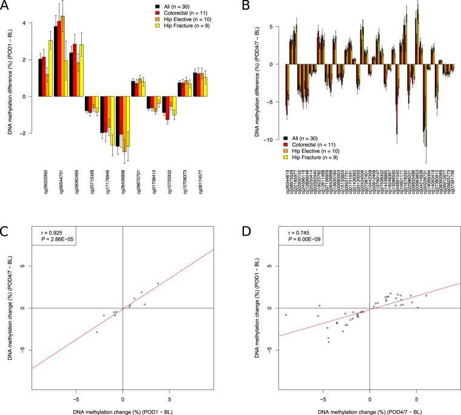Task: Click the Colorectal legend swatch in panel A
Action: point(155,12)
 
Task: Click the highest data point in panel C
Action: point(158,283)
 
